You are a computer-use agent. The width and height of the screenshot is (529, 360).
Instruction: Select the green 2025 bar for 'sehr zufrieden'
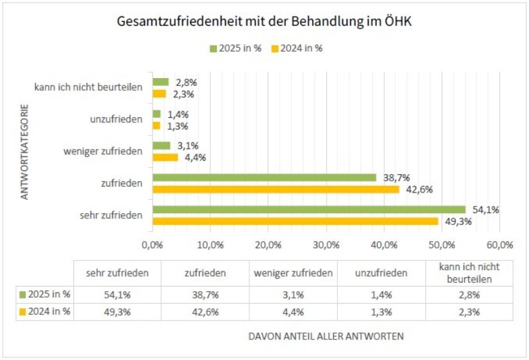pos(309,210)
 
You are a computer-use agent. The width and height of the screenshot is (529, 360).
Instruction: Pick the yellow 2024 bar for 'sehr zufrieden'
pos(295,221)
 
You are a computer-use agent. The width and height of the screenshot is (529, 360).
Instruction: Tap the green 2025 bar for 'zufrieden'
pos(264,177)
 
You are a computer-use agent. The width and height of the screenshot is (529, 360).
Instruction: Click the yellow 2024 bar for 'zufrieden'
pos(276,189)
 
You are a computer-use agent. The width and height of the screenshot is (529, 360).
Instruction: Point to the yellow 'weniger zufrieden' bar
pos(165,157)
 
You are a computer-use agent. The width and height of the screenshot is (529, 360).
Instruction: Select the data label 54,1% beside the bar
pos(485,210)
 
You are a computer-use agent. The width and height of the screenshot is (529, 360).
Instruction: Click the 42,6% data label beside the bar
pos(419,189)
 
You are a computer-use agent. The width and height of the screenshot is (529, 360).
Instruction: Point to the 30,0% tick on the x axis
pos(326,244)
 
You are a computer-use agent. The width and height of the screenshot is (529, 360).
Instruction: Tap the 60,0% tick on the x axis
pos(499,244)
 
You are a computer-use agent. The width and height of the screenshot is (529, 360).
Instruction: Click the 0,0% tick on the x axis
pos(153,244)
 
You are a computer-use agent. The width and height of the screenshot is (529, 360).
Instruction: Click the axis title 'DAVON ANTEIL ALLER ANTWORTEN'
pos(325,336)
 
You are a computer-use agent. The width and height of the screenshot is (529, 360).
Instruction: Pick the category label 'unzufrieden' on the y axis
pos(116,119)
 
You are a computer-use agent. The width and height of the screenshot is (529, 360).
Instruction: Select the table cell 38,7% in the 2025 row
pos(205,294)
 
